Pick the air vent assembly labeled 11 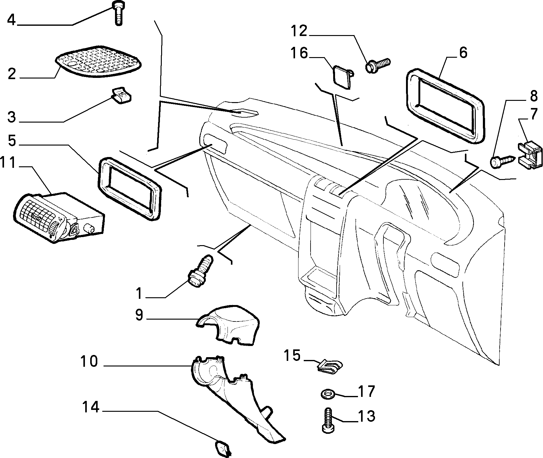click(59, 217)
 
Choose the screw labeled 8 click(503, 161)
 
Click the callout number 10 click(89, 361)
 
